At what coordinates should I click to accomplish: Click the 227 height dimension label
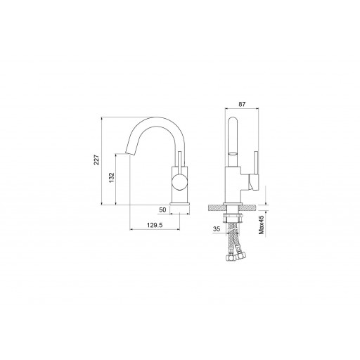pyautogui.click(x=96, y=160)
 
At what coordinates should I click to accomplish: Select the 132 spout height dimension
pyautogui.click(x=111, y=177)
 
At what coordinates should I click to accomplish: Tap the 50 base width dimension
pyautogui.click(x=162, y=210)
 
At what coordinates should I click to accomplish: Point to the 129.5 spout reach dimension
pyautogui.click(x=155, y=225)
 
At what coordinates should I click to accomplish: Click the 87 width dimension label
pyautogui.click(x=242, y=104)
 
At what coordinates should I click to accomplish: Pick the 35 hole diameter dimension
pyautogui.click(x=217, y=229)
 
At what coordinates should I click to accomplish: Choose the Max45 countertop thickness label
pyautogui.click(x=261, y=225)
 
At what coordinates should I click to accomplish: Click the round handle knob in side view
pyautogui.click(x=180, y=181)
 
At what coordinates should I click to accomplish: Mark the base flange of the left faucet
pyautogui.click(x=180, y=204)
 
